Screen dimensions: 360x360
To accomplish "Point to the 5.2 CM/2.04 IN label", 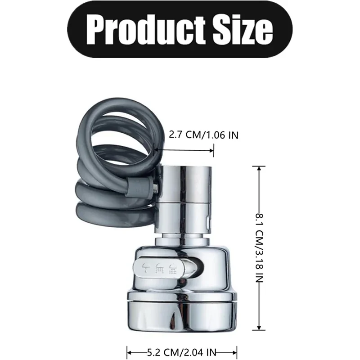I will tap(182, 351).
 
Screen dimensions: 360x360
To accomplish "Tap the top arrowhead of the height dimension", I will tap(258, 168).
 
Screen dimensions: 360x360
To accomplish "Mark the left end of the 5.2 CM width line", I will tap(128, 351).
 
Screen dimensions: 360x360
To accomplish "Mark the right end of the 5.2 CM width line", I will tap(236, 351).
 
